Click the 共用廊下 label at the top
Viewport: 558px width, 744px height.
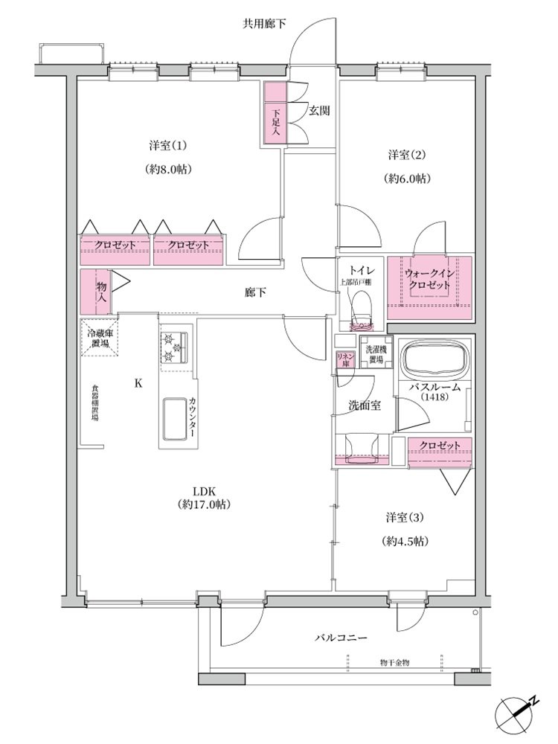click(x=264, y=24)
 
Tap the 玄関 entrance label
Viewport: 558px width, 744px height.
click(x=319, y=111)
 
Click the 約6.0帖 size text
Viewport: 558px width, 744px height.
click(x=407, y=179)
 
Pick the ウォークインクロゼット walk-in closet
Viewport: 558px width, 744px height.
click(x=429, y=287)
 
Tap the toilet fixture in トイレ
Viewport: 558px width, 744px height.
click(x=361, y=310)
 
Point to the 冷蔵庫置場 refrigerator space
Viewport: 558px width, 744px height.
click(x=100, y=337)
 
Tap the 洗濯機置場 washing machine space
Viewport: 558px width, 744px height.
click(x=376, y=352)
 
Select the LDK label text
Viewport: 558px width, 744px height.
click(x=205, y=491)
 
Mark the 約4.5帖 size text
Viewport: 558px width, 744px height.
click(x=405, y=541)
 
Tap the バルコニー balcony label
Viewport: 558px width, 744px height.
click(x=341, y=638)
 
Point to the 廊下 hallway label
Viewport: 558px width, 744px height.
click(x=255, y=292)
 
